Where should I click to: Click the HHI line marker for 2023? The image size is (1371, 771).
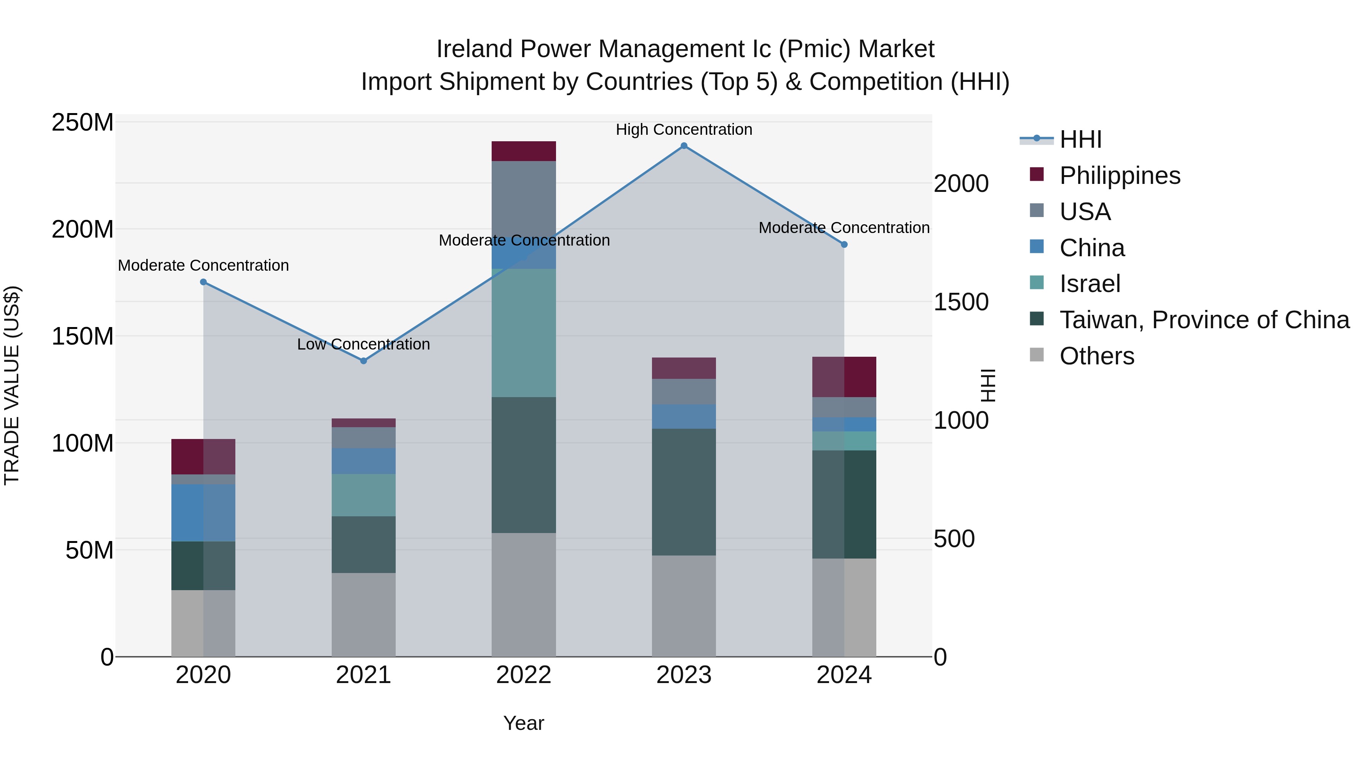[684, 146]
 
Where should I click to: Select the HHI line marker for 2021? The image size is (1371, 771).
[364, 361]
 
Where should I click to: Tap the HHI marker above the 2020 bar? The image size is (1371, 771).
[203, 282]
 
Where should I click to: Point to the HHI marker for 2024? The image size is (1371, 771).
[844, 245]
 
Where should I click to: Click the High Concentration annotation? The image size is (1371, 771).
[684, 130]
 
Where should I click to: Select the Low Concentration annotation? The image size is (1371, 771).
[364, 344]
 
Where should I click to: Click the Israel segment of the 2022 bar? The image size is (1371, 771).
[524, 332]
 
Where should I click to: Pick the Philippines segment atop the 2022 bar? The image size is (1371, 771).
[524, 151]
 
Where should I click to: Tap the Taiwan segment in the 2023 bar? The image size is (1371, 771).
[684, 492]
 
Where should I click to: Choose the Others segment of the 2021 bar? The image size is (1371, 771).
[364, 615]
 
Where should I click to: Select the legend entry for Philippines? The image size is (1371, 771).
[1119, 176]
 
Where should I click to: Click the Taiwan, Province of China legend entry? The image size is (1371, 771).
[1204, 320]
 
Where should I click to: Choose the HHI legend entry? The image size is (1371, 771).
[1080, 139]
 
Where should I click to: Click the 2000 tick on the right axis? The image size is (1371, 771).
[961, 184]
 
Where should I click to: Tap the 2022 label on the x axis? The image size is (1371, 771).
[524, 675]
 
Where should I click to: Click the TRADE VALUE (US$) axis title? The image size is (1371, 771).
[12, 385]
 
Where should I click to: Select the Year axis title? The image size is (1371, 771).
[524, 723]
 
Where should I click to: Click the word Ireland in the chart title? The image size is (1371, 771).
[475, 49]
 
